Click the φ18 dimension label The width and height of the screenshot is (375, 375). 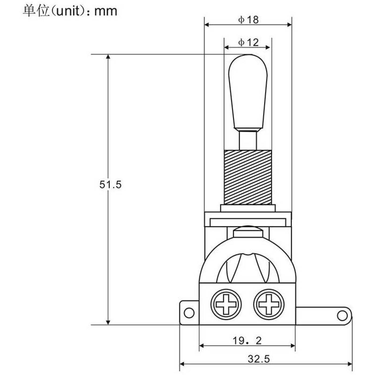point(248,20)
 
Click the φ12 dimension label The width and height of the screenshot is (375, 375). point(248,42)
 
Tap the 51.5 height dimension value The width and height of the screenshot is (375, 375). point(110,185)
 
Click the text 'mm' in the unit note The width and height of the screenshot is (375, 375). point(106,12)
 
